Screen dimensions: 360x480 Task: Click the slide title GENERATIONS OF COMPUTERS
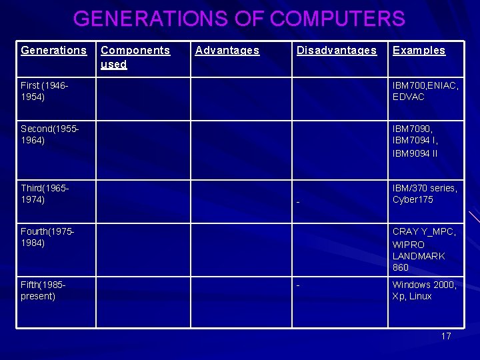[239, 19]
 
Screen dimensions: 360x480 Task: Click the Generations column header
[53, 51]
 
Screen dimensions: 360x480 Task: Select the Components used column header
[135, 57]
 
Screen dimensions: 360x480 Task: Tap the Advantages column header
[227, 51]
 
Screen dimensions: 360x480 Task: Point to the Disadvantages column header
[337, 51]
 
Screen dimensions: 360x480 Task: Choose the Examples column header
[419, 51]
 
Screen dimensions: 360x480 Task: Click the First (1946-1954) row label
[45, 91]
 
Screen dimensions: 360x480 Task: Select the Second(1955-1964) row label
[50, 133]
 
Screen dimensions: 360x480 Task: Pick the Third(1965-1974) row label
[45, 194]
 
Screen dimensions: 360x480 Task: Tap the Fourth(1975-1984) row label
[47, 237]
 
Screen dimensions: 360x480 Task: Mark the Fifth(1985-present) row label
[43, 291]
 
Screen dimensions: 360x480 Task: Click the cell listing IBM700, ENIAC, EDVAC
[425, 91]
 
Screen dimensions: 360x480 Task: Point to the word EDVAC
[409, 97]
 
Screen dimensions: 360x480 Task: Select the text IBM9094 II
[415, 153]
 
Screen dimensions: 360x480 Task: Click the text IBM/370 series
[425, 188]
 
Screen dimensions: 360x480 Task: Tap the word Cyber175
[413, 200]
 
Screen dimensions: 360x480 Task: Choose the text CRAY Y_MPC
[424, 231]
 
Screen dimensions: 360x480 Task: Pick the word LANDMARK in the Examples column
[419, 256]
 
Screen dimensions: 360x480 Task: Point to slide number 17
[446, 336]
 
